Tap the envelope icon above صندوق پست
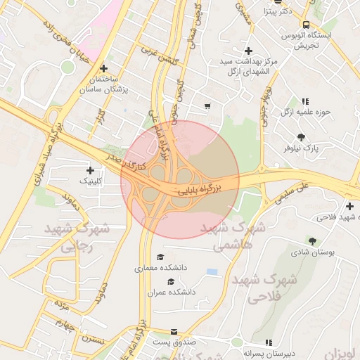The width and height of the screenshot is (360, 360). pos(174,331)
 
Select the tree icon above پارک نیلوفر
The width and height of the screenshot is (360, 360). pos(302,137)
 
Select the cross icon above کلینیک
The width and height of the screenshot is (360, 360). pos(90,170)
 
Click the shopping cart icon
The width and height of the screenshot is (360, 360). pos(207,107)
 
